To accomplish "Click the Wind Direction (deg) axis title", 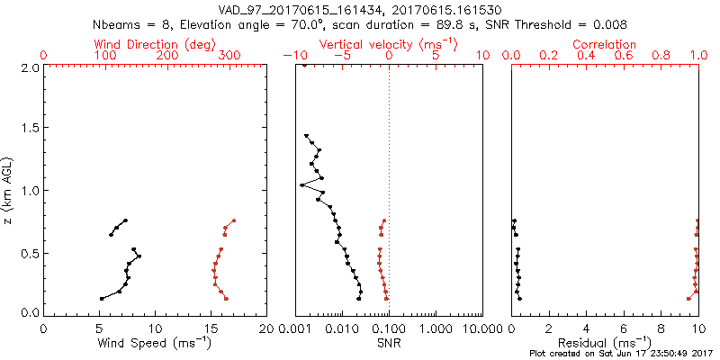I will click(155, 44).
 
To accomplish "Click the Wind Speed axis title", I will click(155, 344).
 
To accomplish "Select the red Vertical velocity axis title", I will click(389, 44).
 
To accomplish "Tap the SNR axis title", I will click(389, 344).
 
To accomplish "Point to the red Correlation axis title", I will click(605, 44).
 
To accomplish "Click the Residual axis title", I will click(605, 344).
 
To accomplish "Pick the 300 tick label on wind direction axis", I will click(229, 56).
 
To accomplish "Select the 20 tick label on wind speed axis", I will click(266, 328).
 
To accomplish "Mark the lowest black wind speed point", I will click(101, 299).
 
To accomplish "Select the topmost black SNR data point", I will click(307, 137).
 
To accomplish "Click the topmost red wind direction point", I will click(233, 220).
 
